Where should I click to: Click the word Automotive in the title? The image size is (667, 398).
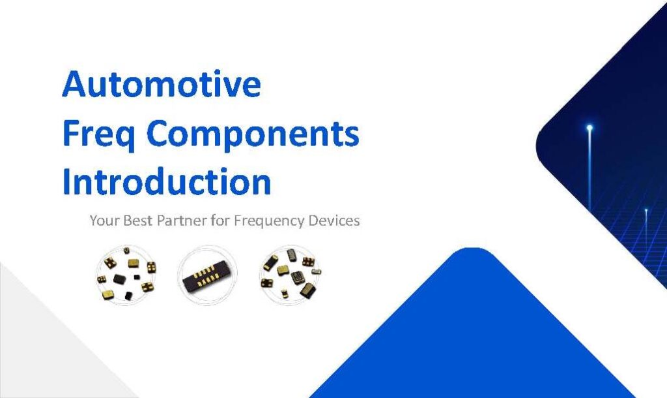(162, 84)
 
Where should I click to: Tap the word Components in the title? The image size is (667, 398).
(253, 133)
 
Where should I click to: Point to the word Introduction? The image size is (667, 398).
(166, 181)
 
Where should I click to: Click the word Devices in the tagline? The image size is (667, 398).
(334, 221)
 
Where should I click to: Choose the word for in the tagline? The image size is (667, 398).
(220, 221)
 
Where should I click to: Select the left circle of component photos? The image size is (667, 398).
(126, 275)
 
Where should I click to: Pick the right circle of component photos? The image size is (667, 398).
(290, 275)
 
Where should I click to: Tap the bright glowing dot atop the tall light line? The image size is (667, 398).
(589, 128)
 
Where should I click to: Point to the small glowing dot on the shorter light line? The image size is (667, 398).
(646, 211)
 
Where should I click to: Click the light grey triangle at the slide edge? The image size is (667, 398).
(47, 341)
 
